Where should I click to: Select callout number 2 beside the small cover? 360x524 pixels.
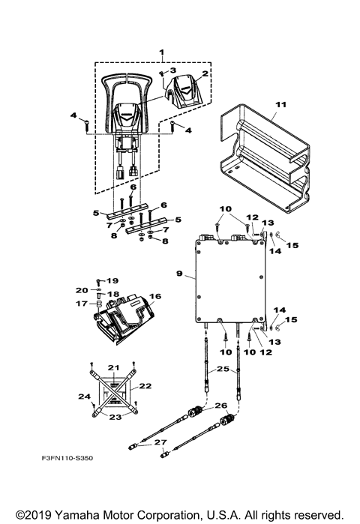pos(203,73)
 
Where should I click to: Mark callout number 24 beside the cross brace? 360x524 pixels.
pos(85,397)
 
